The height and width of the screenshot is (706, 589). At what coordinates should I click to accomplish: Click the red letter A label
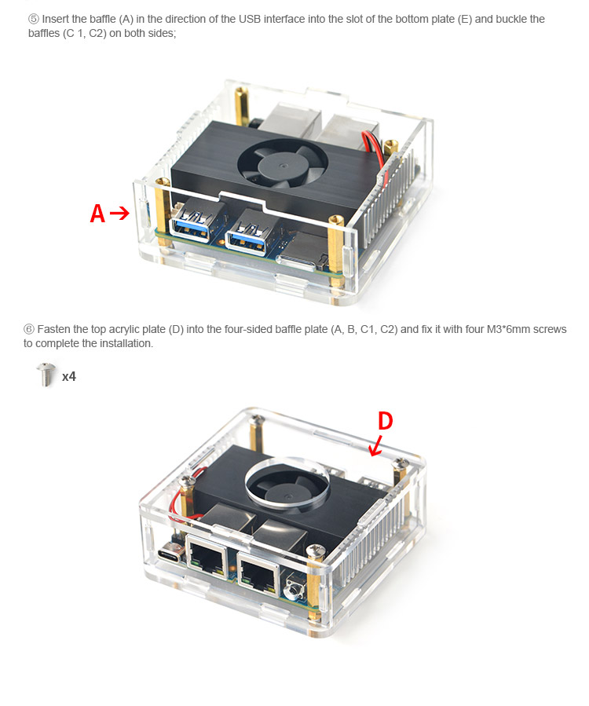[97, 213]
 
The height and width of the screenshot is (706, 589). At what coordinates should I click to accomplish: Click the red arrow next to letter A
[119, 213]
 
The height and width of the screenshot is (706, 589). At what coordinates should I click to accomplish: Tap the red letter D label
[385, 421]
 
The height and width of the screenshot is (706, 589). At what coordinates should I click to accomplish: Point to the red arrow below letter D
[376, 446]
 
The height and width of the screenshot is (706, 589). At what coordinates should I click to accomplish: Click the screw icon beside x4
[46, 375]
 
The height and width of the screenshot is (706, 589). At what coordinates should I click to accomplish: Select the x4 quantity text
[69, 376]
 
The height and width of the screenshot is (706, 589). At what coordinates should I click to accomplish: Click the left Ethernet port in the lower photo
[207, 558]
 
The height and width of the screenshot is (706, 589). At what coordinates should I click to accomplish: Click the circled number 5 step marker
[33, 19]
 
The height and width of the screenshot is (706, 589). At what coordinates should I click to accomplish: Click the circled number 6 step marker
[29, 329]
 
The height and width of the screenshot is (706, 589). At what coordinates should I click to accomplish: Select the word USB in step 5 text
[250, 19]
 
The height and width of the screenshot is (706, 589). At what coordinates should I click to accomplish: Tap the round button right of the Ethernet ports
[295, 588]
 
